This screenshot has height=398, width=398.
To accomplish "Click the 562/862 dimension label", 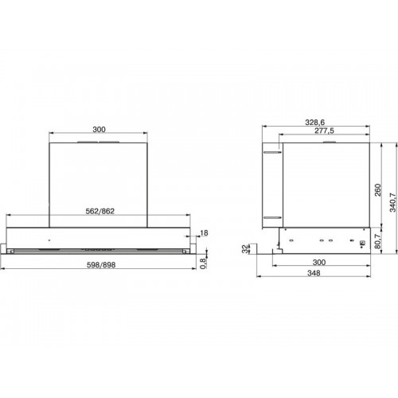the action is [x=100, y=211].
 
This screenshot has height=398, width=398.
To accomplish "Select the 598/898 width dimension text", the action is [x=101, y=265].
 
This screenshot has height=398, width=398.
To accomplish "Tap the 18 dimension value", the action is [x=204, y=233].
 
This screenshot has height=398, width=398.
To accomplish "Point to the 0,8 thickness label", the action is [x=203, y=263].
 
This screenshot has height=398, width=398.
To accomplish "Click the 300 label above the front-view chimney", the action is [x=99, y=130].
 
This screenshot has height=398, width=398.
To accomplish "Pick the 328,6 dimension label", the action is [x=315, y=123].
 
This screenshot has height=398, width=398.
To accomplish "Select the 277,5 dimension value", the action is [x=324, y=131].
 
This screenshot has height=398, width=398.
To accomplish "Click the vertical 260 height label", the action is [x=377, y=189].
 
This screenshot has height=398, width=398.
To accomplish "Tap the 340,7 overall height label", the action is [x=392, y=202].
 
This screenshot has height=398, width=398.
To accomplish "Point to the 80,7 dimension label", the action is [x=377, y=241].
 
